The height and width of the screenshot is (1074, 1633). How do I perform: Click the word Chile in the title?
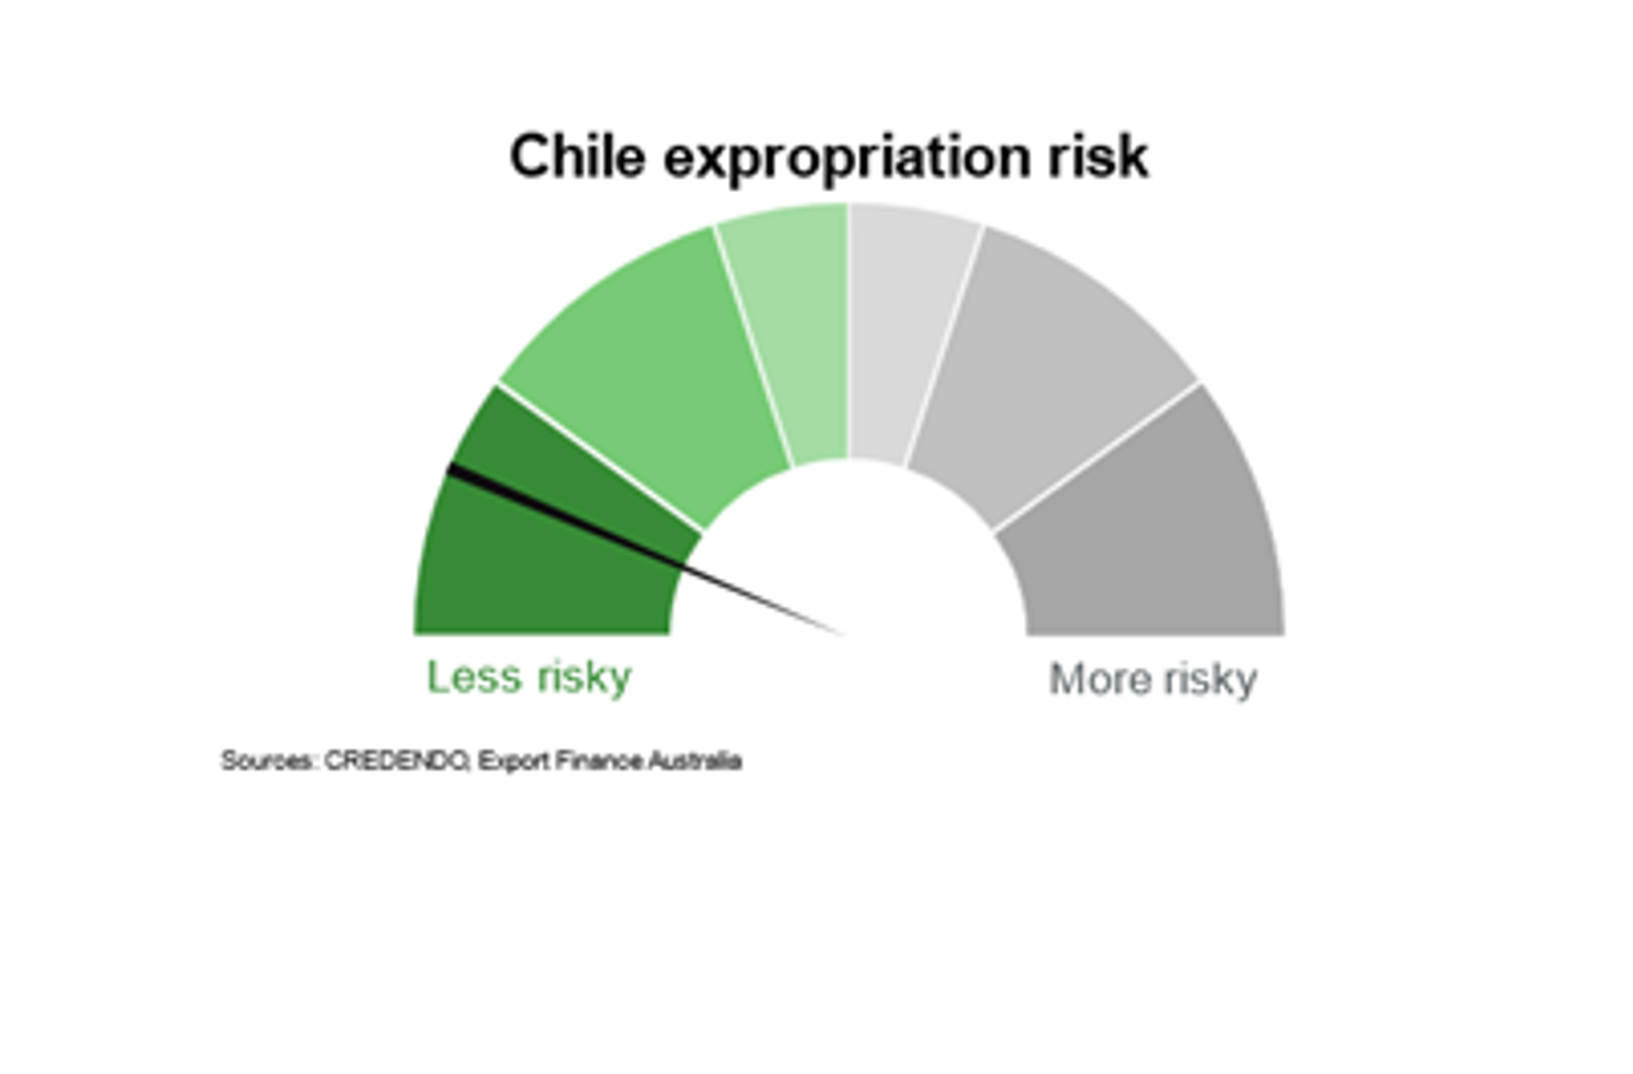pyautogui.click(x=577, y=156)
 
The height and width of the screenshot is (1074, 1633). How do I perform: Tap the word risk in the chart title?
pyautogui.click(x=1098, y=156)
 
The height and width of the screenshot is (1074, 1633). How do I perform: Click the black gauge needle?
pyautogui.click(x=646, y=550)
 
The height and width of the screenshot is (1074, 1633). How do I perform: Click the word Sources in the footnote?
pyautogui.click(x=268, y=761)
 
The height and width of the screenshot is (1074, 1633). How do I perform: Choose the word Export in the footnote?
pyautogui.click(x=514, y=761)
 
